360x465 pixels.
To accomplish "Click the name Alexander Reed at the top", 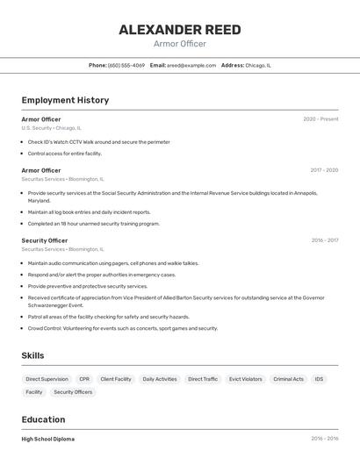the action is point(180,30).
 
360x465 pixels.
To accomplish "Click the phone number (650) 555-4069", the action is point(126,65).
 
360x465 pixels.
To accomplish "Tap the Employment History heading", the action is point(65,100).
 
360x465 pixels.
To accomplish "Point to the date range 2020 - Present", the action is point(320,119).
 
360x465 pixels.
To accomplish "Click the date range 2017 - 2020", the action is point(324,170).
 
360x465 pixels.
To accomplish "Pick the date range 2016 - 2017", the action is point(324,240).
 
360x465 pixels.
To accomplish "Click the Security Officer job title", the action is point(44,240).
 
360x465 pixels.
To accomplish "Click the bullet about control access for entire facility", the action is point(64,154).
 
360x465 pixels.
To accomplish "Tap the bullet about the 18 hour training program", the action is point(93,224).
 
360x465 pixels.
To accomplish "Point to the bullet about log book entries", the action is point(89,211).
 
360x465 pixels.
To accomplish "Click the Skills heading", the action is point(32,355).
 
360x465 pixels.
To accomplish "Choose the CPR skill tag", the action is point(84,379).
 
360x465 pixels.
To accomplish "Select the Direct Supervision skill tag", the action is point(47,379).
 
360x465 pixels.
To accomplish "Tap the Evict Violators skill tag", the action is point(246,379).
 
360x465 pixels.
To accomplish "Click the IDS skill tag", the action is point(319,379).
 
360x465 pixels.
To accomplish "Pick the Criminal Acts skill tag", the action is point(288,379).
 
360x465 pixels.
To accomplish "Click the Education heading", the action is point(43,419).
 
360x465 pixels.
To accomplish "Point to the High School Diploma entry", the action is point(48,439).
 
